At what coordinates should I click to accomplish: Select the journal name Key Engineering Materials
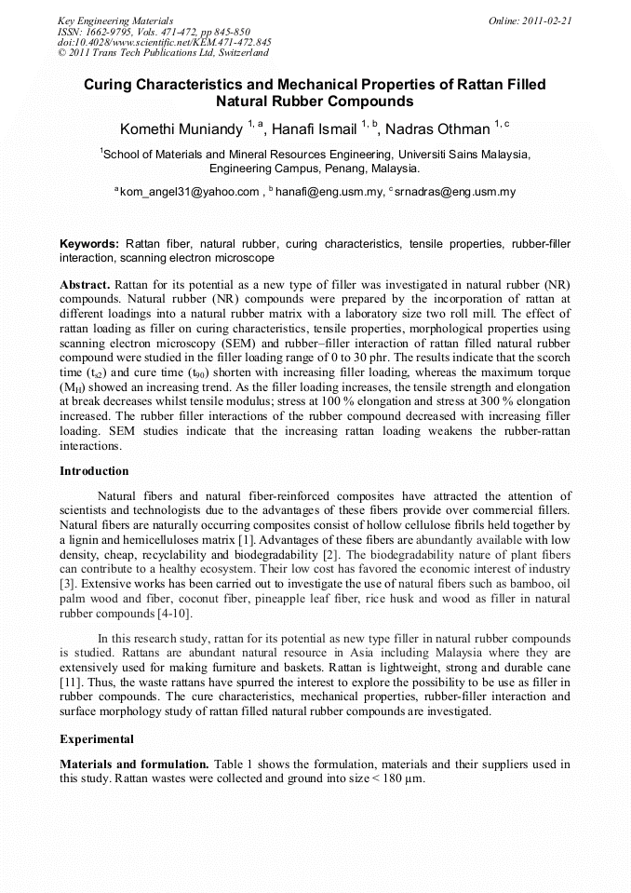point(115,20)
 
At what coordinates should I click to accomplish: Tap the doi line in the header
point(164,42)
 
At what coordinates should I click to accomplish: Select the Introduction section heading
point(94,471)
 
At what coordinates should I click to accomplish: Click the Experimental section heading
point(97,739)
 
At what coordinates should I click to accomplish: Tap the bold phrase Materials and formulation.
point(134,764)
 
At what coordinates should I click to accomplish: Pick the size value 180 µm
point(399,778)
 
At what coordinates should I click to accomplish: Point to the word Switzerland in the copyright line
point(241,53)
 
